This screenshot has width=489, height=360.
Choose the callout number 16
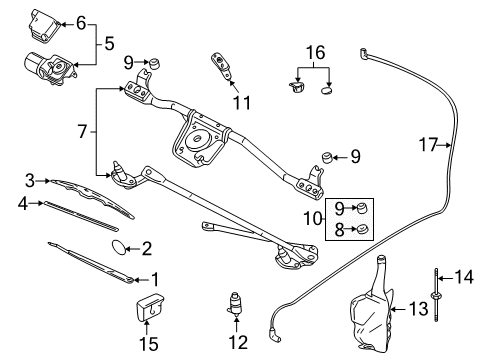click(316, 50)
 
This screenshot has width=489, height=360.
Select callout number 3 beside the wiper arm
click(31, 180)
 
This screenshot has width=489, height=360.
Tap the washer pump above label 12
click(237, 304)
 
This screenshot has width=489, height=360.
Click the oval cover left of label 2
click(117, 245)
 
